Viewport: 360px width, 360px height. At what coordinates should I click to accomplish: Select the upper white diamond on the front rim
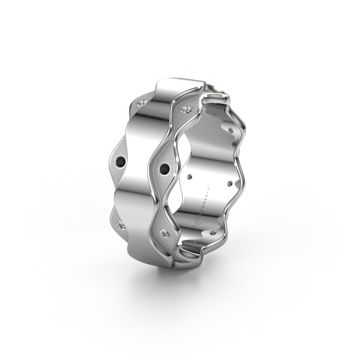[186, 109]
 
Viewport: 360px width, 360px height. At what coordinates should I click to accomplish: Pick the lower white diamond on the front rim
[166, 233]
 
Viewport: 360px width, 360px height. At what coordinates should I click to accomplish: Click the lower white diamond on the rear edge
[120, 224]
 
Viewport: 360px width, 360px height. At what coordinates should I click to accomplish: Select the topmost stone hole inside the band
[231, 130]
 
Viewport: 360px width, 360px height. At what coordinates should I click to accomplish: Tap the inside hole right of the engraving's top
[230, 184]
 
